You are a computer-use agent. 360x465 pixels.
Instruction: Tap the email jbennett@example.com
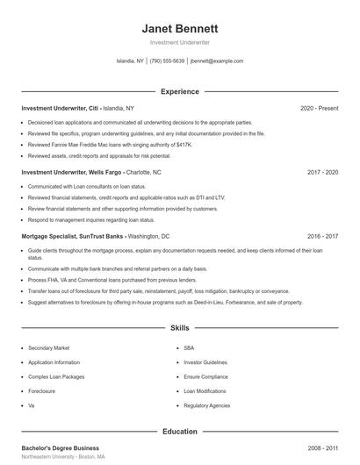tap(216, 61)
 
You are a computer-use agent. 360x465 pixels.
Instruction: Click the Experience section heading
tap(180, 91)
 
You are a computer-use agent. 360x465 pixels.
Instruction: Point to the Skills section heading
tap(180, 328)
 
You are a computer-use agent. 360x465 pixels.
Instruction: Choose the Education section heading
tap(180, 432)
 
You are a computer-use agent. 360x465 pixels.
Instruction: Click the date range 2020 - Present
tap(320, 108)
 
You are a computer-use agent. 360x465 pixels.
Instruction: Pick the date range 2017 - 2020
tap(323, 173)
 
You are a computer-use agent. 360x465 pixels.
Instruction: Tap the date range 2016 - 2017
tap(323, 237)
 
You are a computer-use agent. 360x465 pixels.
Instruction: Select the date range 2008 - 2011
tap(323, 447)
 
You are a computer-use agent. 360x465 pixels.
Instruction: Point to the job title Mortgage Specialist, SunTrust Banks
tap(73, 237)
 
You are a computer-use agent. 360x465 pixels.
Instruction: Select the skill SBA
tap(189, 347)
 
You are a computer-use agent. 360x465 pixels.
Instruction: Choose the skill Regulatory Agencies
tap(206, 405)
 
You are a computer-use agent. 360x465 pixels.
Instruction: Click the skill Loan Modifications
tap(205, 390)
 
